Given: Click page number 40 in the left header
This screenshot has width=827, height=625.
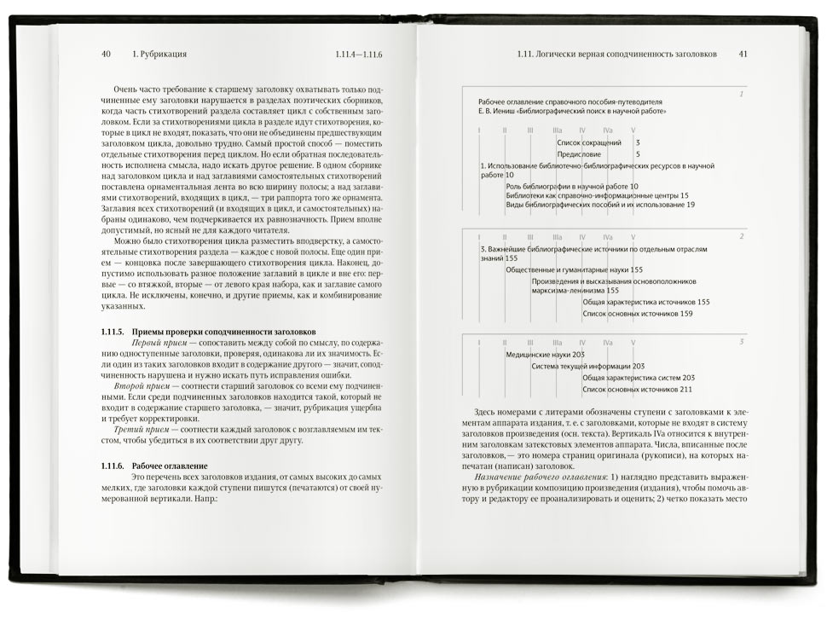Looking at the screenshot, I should click(107, 54).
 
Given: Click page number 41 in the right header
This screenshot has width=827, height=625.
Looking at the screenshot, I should click(743, 54).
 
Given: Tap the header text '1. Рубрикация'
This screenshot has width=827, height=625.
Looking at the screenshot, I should click(160, 54).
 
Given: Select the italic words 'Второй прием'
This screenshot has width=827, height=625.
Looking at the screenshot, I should click(150, 385).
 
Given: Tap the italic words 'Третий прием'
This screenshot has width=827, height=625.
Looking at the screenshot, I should click(150, 427).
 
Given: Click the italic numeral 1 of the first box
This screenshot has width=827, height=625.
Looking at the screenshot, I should click(741, 94).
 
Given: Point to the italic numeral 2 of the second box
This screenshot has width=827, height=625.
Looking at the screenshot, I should click(741, 235).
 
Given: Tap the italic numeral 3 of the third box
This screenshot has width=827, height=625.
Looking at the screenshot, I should click(741, 342).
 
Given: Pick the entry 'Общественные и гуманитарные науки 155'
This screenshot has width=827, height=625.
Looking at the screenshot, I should click(575, 269).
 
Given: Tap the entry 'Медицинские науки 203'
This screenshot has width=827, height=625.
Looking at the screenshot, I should click(545, 354).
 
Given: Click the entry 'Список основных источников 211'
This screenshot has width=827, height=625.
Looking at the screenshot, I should click(637, 389).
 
